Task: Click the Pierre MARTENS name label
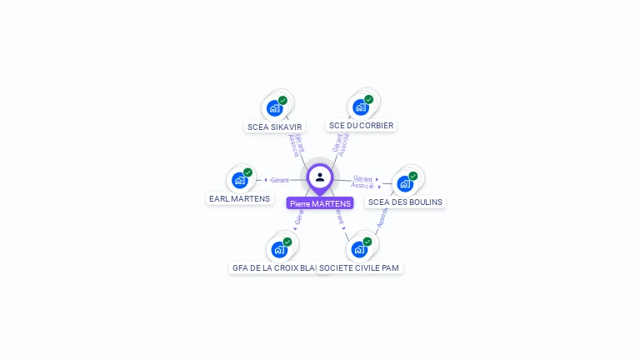[320, 203]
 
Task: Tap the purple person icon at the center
[320, 177]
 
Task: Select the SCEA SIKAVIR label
[274, 127]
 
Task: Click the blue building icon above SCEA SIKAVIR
[274, 107]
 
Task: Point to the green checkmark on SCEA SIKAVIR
[282, 100]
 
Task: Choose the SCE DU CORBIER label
[361, 126]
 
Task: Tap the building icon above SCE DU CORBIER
[360, 107]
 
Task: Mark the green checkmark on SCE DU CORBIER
[368, 99]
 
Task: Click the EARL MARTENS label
[239, 199]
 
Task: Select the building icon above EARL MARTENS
[239, 180]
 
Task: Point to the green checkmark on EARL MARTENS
[247, 172]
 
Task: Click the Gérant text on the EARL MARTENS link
[279, 180]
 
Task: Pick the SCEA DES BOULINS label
[405, 202]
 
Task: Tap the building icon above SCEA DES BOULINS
[404, 183]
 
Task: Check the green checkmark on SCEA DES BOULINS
[412, 176]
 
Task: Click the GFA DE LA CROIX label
[273, 268]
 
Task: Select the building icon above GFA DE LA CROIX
[278, 249]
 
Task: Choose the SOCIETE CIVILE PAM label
[360, 268]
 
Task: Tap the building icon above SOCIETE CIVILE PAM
[358, 249]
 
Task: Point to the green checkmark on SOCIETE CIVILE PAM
[367, 242]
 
